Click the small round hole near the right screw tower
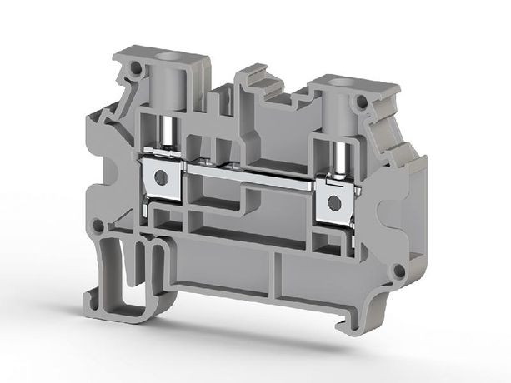coord(361,103)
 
